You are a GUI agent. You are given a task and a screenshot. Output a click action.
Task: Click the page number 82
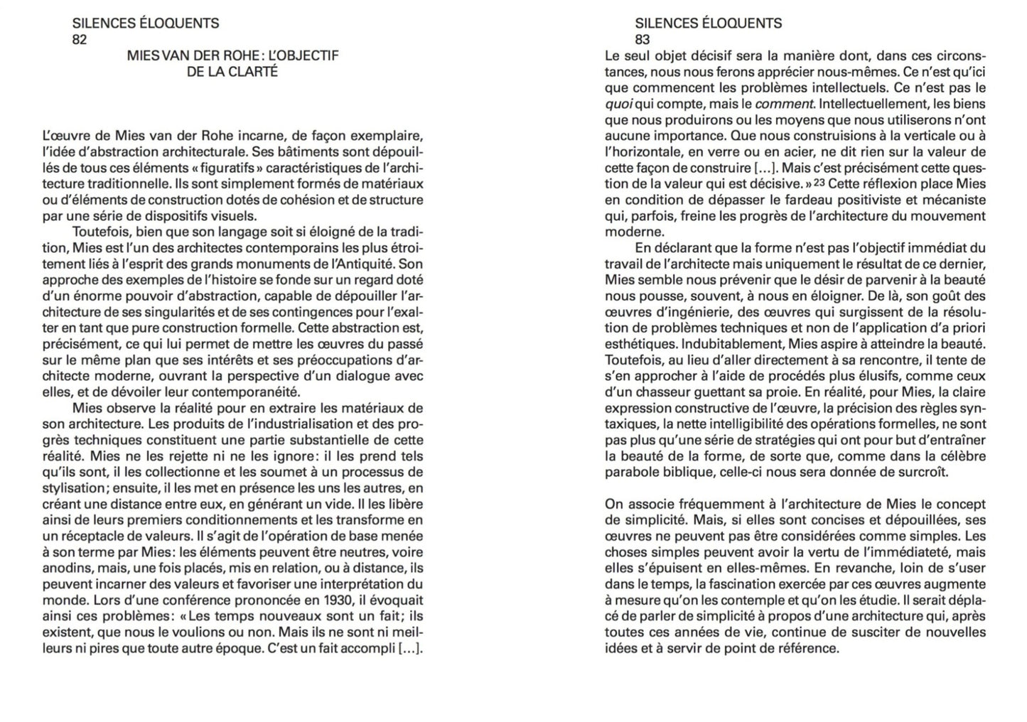coord(80,39)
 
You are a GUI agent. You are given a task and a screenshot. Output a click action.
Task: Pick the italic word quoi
coord(619,104)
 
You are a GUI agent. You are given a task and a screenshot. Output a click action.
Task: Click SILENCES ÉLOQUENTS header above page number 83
coord(708,23)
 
